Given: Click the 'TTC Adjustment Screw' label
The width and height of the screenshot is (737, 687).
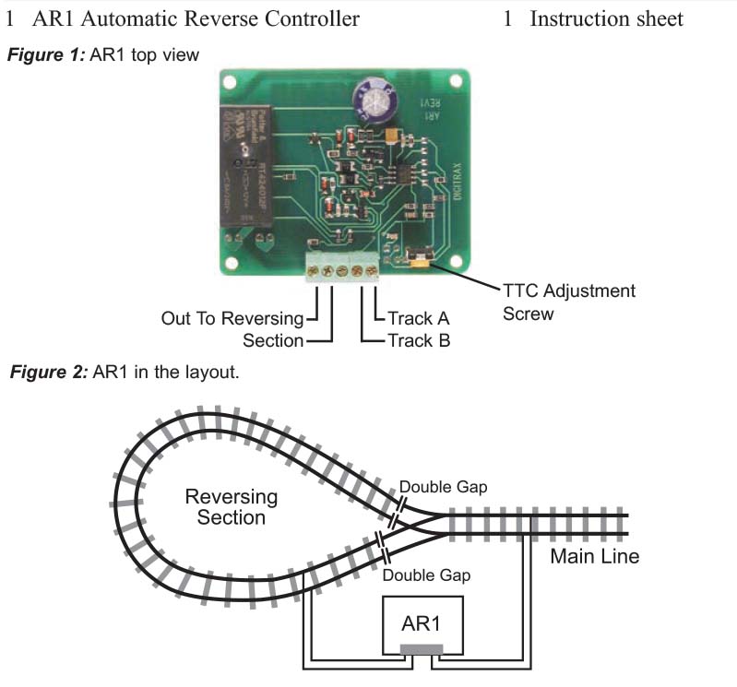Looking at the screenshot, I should [568, 302].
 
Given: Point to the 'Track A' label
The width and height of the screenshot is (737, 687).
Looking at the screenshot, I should [418, 319].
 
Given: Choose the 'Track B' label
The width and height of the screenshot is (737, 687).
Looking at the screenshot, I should [418, 340].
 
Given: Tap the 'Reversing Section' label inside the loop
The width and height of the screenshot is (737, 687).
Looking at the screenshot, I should [231, 506].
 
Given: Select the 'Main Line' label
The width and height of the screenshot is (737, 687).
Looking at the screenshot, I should [594, 556].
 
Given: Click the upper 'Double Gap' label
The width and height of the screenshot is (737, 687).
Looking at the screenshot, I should [442, 487].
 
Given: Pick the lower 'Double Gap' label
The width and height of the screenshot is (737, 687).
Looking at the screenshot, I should [426, 575].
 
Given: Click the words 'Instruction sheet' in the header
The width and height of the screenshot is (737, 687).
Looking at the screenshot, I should [606, 18].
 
